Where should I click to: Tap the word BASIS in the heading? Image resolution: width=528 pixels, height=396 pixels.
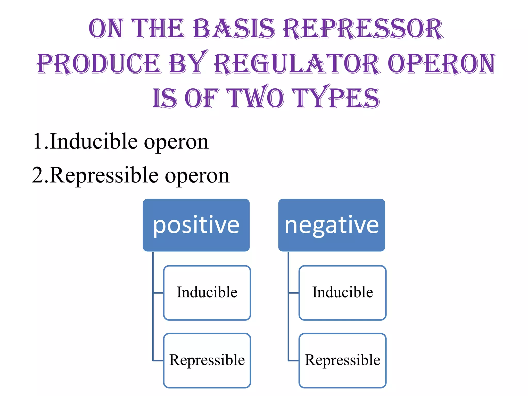(234, 29)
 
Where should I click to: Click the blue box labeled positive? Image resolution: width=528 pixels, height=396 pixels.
(196, 225)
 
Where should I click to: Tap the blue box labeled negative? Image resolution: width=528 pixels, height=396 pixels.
(332, 225)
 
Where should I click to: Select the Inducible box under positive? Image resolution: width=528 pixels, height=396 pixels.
(207, 293)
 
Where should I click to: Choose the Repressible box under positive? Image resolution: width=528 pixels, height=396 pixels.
(207, 360)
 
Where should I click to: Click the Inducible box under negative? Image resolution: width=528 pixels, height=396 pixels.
(342, 293)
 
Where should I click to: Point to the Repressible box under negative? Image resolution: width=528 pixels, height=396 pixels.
(342, 360)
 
